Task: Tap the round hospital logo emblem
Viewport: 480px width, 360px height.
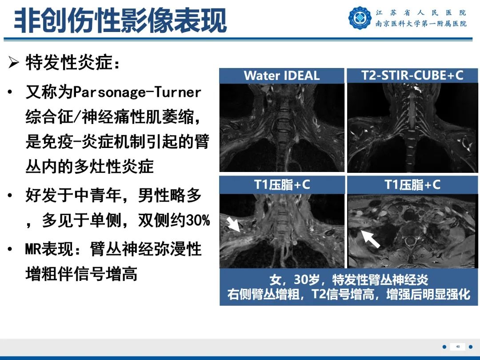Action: tap(360, 18)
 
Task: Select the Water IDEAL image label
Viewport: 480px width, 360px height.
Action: tap(282, 76)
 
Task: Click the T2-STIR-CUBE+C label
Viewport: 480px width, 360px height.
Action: tap(412, 75)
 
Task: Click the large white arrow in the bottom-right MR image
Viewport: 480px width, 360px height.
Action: tap(370, 238)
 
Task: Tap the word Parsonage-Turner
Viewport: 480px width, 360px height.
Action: tap(136, 92)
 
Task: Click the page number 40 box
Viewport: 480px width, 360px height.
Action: tap(457, 347)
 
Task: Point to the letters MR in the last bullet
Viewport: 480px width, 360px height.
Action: tap(33, 249)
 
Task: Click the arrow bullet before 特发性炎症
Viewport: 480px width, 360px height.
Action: tap(14, 63)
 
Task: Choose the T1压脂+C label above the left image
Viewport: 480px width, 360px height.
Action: tap(282, 185)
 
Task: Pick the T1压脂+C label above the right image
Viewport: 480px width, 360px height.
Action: tap(412, 185)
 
